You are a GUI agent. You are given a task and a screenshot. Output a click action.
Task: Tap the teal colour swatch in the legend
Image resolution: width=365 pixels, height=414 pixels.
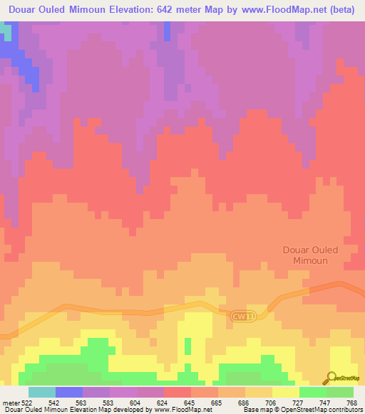coord(41,392)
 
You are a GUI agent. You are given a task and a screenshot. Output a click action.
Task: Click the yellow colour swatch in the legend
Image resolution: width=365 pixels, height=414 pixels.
coord(285,392)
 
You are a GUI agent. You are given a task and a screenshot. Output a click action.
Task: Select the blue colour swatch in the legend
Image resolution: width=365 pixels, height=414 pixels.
coord(68,392)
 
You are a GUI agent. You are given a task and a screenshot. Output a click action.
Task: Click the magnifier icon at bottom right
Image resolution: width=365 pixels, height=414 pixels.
coord(332,378)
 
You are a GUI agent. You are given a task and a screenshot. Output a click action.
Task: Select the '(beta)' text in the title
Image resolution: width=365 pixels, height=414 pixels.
coord(341,10)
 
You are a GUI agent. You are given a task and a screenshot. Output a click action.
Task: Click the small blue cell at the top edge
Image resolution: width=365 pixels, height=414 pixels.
coord(168,30)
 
